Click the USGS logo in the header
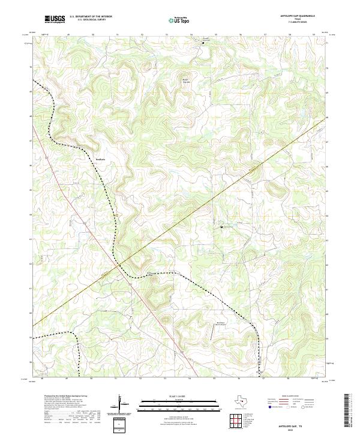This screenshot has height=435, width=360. [x=55, y=19]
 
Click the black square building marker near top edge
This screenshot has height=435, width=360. [x=202, y=42]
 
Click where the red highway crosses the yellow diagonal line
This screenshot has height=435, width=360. [x=119, y=265]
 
